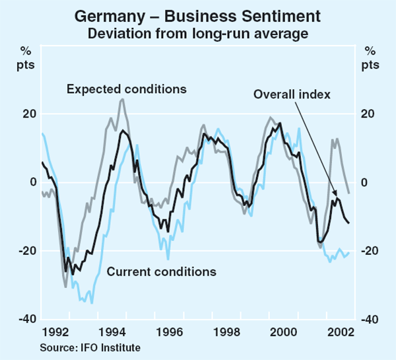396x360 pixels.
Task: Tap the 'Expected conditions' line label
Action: click(127, 88)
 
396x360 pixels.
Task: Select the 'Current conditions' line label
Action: click(161, 271)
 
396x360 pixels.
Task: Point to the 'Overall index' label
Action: click(292, 94)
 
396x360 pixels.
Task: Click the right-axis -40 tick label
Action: click(371, 320)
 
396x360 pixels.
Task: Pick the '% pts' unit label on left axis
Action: click(26, 58)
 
